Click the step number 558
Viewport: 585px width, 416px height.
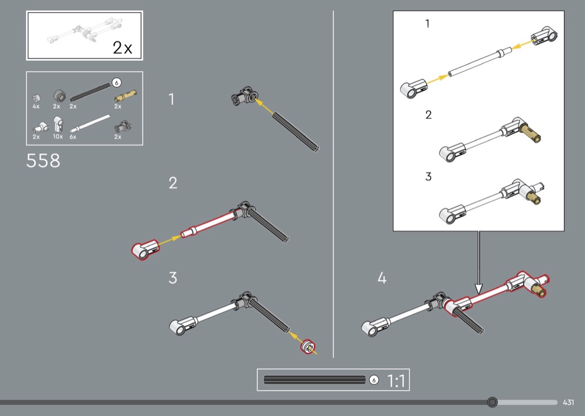(x=43, y=161)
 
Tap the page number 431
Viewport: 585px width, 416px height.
(x=568, y=402)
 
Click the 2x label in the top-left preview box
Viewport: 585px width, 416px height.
(x=123, y=48)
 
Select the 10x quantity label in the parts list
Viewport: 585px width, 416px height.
(x=57, y=137)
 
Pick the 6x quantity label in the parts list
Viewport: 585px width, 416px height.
(x=73, y=137)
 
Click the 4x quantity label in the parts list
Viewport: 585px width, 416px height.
(x=36, y=107)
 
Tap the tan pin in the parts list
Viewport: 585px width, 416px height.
(x=125, y=95)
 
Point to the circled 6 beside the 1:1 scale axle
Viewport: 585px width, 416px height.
(x=374, y=380)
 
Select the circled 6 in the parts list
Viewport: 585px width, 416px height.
(x=117, y=83)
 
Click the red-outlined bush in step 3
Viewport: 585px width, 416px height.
(x=308, y=347)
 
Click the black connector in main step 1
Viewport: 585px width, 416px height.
(x=243, y=96)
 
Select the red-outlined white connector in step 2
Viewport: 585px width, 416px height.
(x=145, y=249)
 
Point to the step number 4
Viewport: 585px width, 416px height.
(x=382, y=278)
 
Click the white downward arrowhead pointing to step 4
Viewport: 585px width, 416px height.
(x=479, y=289)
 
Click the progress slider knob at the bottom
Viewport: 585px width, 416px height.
(x=493, y=402)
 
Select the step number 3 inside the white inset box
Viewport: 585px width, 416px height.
(x=428, y=177)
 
